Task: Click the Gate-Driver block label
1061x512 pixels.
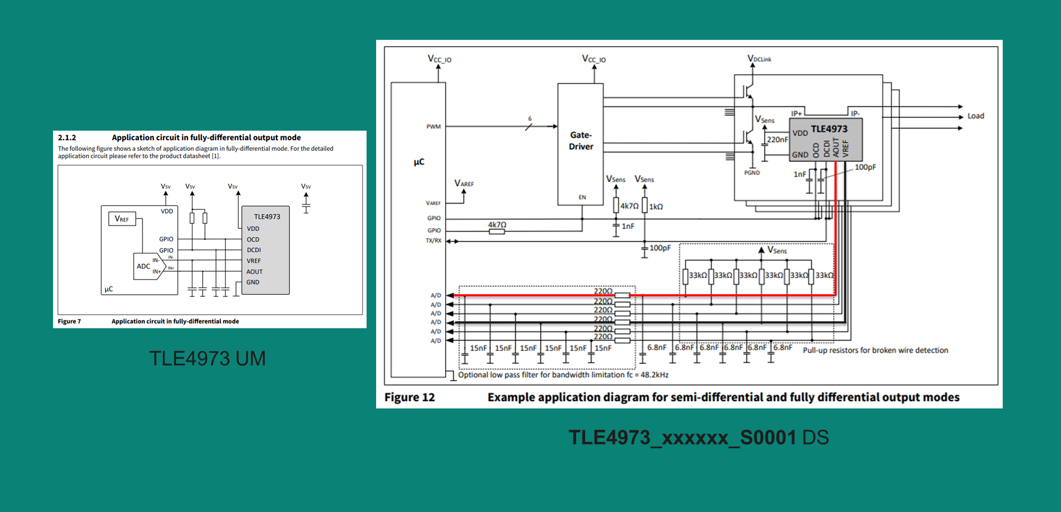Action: [581, 141]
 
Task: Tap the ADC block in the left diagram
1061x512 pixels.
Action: [144, 266]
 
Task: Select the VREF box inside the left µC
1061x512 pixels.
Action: [122, 219]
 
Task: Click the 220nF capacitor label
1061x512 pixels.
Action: [777, 140]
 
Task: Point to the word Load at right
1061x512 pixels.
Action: [976, 116]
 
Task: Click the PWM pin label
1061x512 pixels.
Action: [433, 126]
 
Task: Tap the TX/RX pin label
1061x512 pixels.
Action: [433, 241]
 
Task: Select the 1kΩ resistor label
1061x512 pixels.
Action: [656, 207]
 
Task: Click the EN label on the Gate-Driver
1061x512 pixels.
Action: [582, 197]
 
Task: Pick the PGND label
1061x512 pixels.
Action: [752, 173]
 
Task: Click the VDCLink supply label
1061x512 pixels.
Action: [759, 58]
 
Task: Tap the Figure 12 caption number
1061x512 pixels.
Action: [410, 397]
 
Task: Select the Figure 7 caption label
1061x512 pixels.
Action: [69, 321]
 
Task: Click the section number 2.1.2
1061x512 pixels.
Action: [67, 138]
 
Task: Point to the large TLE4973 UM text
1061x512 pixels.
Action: [207, 359]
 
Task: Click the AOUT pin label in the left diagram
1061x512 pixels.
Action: [255, 271]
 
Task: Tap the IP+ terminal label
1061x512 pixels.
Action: [796, 114]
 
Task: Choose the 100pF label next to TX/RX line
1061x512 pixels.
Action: [660, 248]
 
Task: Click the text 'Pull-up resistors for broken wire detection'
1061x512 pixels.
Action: [875, 350]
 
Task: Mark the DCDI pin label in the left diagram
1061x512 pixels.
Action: [254, 250]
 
